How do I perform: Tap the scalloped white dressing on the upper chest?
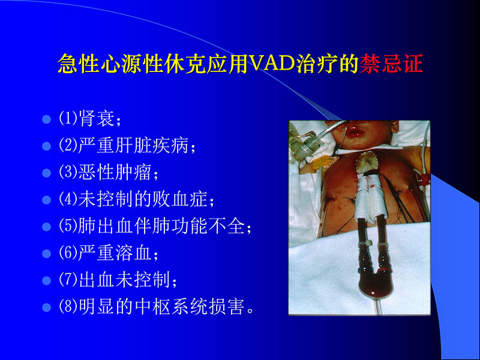pyautogui.click(x=370, y=160)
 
